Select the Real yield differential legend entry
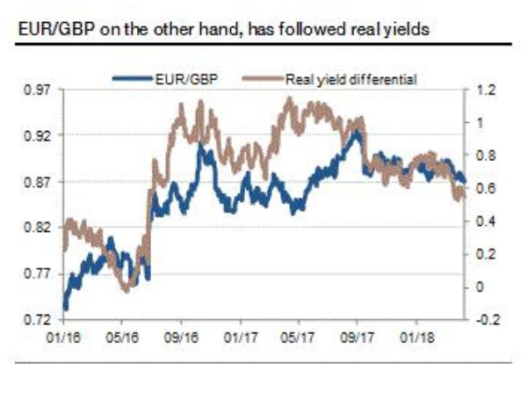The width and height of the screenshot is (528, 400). [x=350, y=79]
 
